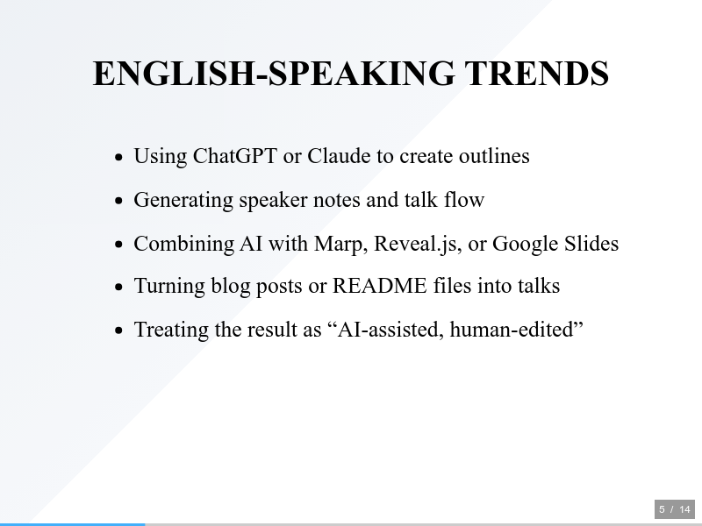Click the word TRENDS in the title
(537, 74)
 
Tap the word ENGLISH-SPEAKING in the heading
(274, 74)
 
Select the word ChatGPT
(235, 156)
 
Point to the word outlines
(494, 156)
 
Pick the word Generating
(183, 201)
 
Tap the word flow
(464, 200)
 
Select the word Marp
(340, 245)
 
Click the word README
(380, 286)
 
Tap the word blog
(231, 287)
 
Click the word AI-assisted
(390, 330)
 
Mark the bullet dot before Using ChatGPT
(118, 157)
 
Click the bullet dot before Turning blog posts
(118, 287)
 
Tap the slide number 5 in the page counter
(663, 509)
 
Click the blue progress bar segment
(73, 524)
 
